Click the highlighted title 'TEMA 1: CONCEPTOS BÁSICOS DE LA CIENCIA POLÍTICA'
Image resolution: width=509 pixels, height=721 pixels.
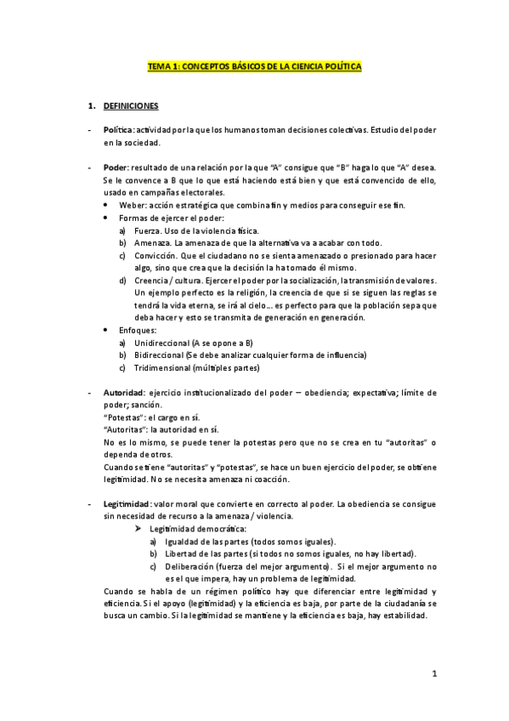(x=255, y=65)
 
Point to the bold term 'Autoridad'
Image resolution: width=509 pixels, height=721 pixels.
(x=123, y=393)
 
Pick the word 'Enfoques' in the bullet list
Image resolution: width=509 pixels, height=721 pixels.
(x=139, y=330)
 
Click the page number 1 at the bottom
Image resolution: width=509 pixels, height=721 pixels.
(x=433, y=675)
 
